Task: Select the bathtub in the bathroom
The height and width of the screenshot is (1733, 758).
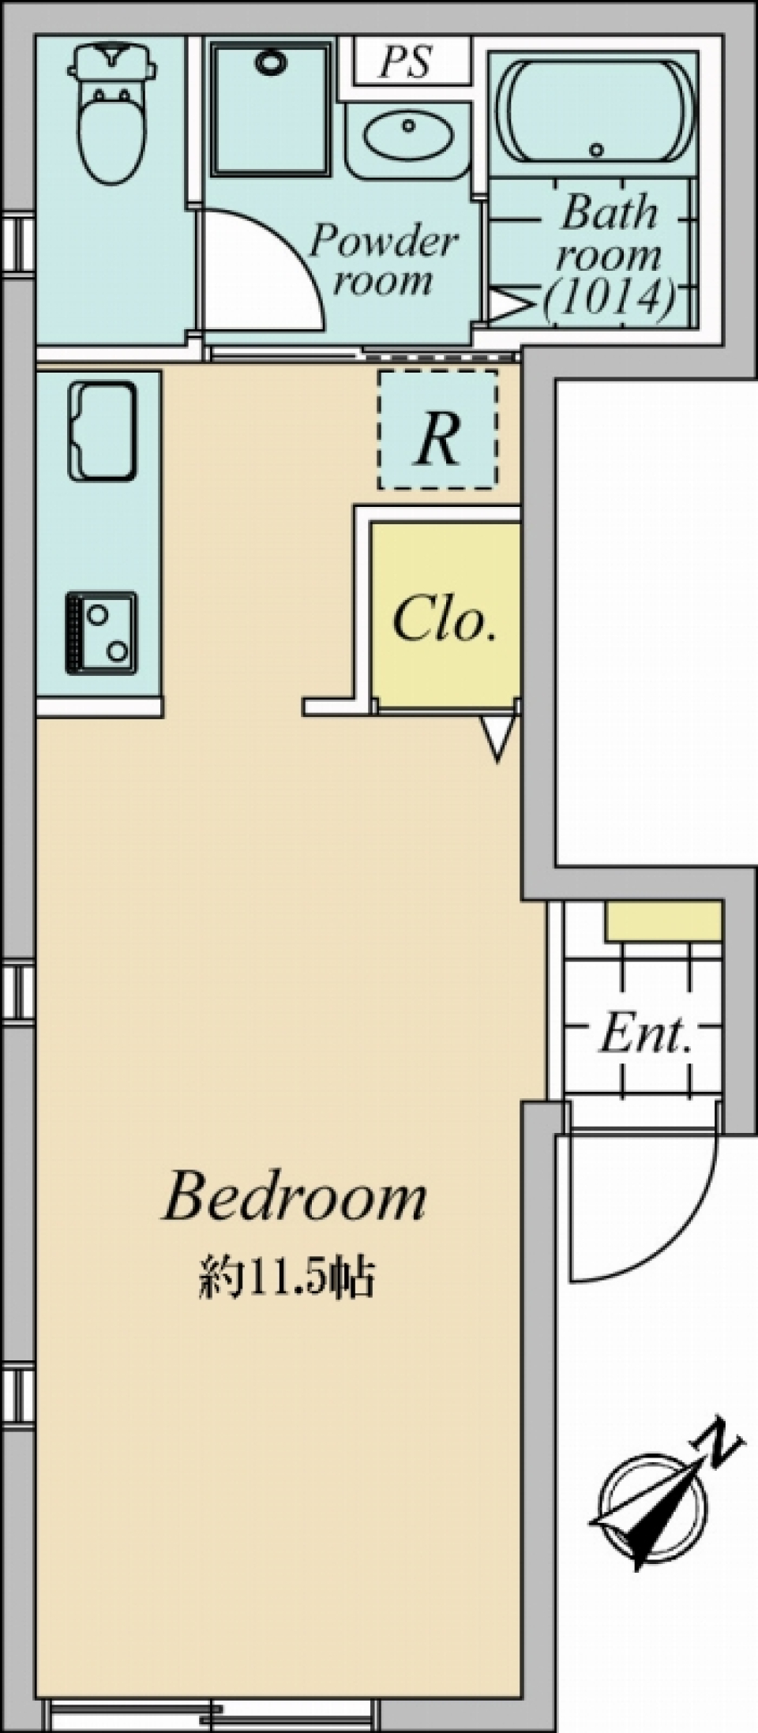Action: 593,113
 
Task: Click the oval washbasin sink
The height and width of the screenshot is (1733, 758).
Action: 407,137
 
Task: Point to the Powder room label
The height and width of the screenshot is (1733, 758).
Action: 384,259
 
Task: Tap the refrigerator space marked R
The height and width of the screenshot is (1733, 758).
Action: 438,430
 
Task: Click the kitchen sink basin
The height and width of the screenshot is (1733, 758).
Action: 102,431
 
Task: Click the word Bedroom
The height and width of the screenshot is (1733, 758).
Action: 294,1198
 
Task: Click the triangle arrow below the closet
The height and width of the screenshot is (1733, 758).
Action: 498,736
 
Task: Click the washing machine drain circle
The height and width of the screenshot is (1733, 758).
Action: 270,62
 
